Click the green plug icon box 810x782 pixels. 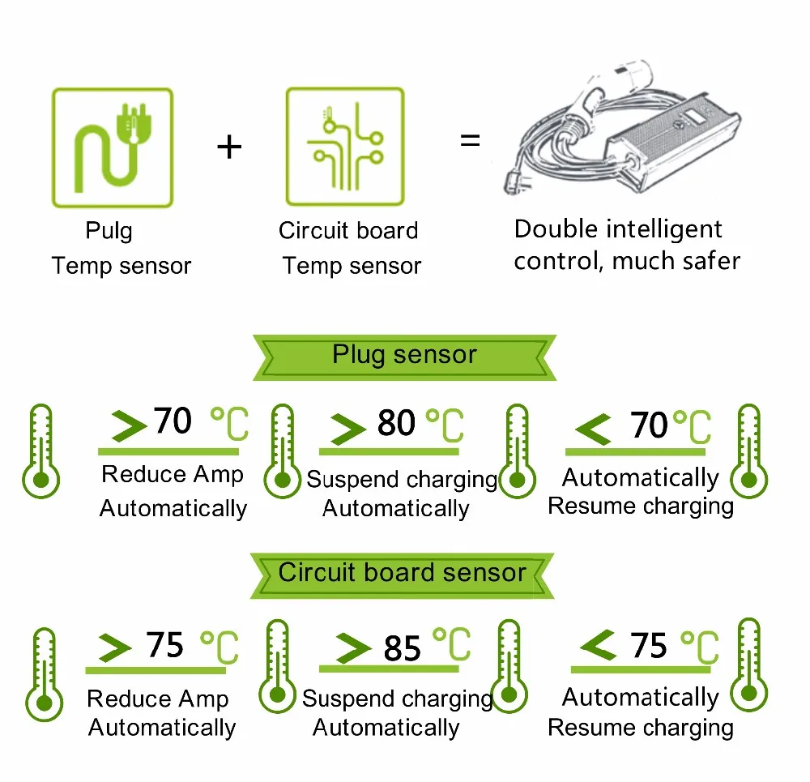[x=113, y=147]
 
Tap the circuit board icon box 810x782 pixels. [x=345, y=147]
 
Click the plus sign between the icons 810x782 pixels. [x=230, y=147]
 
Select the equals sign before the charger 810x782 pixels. [x=470, y=140]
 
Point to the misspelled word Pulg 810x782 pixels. [x=109, y=231]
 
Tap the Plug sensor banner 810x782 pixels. [x=404, y=355]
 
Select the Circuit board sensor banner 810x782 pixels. [x=403, y=572]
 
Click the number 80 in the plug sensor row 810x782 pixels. [x=396, y=423]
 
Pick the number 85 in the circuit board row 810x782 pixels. [x=403, y=648]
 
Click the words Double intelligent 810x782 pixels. [x=617, y=229]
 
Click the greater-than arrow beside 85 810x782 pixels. [x=353, y=648]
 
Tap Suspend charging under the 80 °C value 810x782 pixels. [x=402, y=480]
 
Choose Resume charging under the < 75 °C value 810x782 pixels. [x=641, y=728]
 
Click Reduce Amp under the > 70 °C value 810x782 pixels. [x=172, y=475]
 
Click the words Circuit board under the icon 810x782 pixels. [x=348, y=231]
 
